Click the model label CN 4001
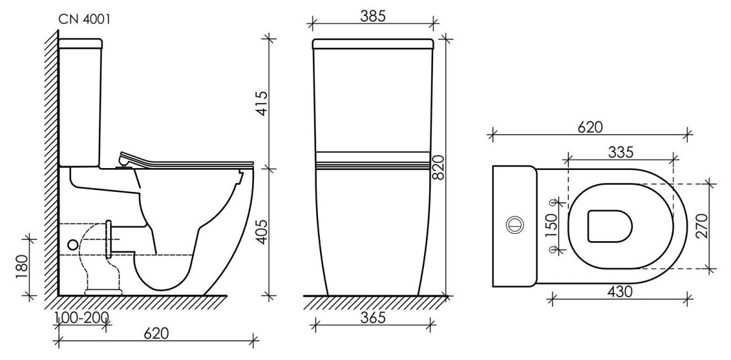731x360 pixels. (x=84, y=19)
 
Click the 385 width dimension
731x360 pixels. (x=373, y=16)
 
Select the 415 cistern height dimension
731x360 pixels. (x=262, y=104)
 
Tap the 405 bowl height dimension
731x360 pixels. (x=262, y=232)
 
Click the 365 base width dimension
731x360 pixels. (x=373, y=318)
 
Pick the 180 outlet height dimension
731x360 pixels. (x=22, y=267)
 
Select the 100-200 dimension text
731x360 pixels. (x=82, y=317)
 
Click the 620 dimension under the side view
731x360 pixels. (x=157, y=334)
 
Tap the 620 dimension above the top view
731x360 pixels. (x=590, y=127)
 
